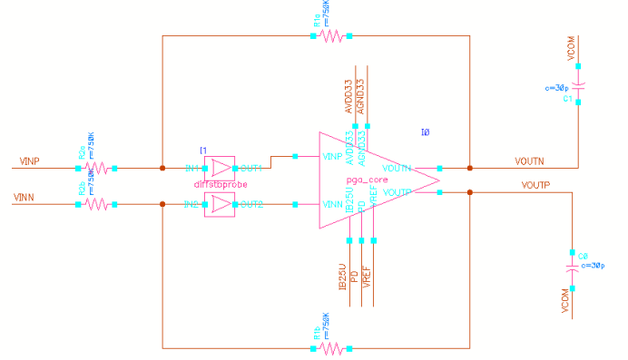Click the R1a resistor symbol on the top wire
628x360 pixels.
coord(331,36)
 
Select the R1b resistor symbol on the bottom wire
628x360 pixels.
coord(331,347)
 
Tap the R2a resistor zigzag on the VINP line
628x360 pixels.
coord(96,168)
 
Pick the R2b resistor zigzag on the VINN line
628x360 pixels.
coord(96,204)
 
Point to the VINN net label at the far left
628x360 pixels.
coord(27,197)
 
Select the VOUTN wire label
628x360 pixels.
coord(529,161)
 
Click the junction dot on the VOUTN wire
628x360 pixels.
coord(470,168)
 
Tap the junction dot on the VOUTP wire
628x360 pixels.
coord(470,192)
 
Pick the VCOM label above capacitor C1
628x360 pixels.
coord(572,51)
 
